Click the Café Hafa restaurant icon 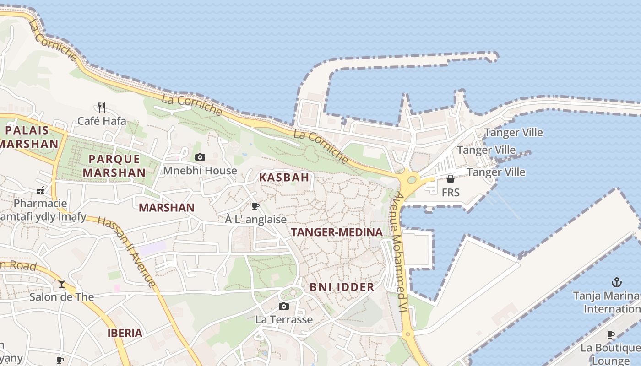point(102,108)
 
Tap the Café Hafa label point(102,121)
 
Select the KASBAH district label point(284,178)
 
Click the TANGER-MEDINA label point(337,232)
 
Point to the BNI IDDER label point(342,287)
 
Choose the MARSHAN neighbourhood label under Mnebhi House point(167,208)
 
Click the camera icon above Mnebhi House point(200,157)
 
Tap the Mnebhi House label point(200,171)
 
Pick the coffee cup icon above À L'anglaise point(255,206)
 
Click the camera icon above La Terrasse point(284,306)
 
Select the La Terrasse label point(284,319)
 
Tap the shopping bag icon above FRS point(451,179)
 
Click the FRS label point(451,193)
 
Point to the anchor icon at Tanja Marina point(617,282)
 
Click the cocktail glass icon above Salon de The point(62,284)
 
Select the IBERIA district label point(125,333)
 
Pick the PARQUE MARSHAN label point(114,166)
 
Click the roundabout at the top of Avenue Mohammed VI point(411,180)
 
